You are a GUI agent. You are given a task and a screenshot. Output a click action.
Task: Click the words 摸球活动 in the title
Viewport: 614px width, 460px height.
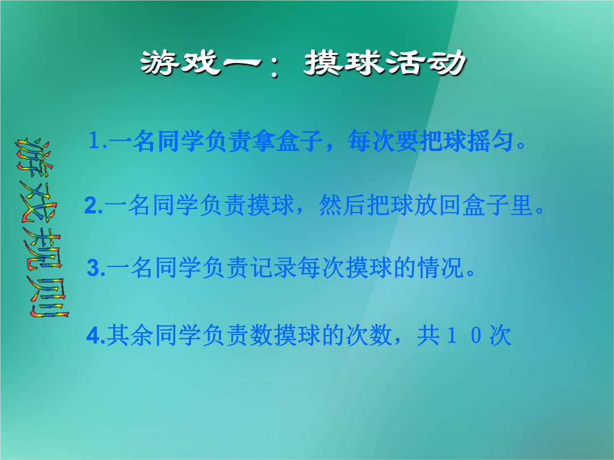(x=385, y=62)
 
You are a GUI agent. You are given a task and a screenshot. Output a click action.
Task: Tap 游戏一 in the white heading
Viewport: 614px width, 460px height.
(x=201, y=62)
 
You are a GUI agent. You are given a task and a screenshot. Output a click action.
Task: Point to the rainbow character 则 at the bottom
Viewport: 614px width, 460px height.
(x=48, y=297)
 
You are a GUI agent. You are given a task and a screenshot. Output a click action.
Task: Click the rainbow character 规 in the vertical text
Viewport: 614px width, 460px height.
(x=42, y=249)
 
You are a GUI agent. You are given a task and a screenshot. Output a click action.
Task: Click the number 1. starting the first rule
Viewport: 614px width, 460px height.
(x=98, y=140)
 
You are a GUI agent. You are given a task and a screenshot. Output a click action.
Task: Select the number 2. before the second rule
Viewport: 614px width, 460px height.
(x=94, y=206)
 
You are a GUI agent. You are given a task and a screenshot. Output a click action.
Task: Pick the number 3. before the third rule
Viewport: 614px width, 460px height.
(x=96, y=268)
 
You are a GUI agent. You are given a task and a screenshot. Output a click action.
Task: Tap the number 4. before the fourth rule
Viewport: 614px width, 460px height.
(x=96, y=335)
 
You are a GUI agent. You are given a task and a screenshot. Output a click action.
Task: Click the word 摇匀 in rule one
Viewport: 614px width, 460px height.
(x=491, y=141)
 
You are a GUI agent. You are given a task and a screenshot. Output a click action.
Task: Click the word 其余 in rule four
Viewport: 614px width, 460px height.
(x=130, y=335)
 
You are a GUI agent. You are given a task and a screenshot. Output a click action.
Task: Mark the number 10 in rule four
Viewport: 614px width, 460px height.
(x=464, y=336)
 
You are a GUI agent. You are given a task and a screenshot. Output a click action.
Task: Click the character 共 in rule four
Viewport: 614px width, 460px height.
(x=428, y=335)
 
